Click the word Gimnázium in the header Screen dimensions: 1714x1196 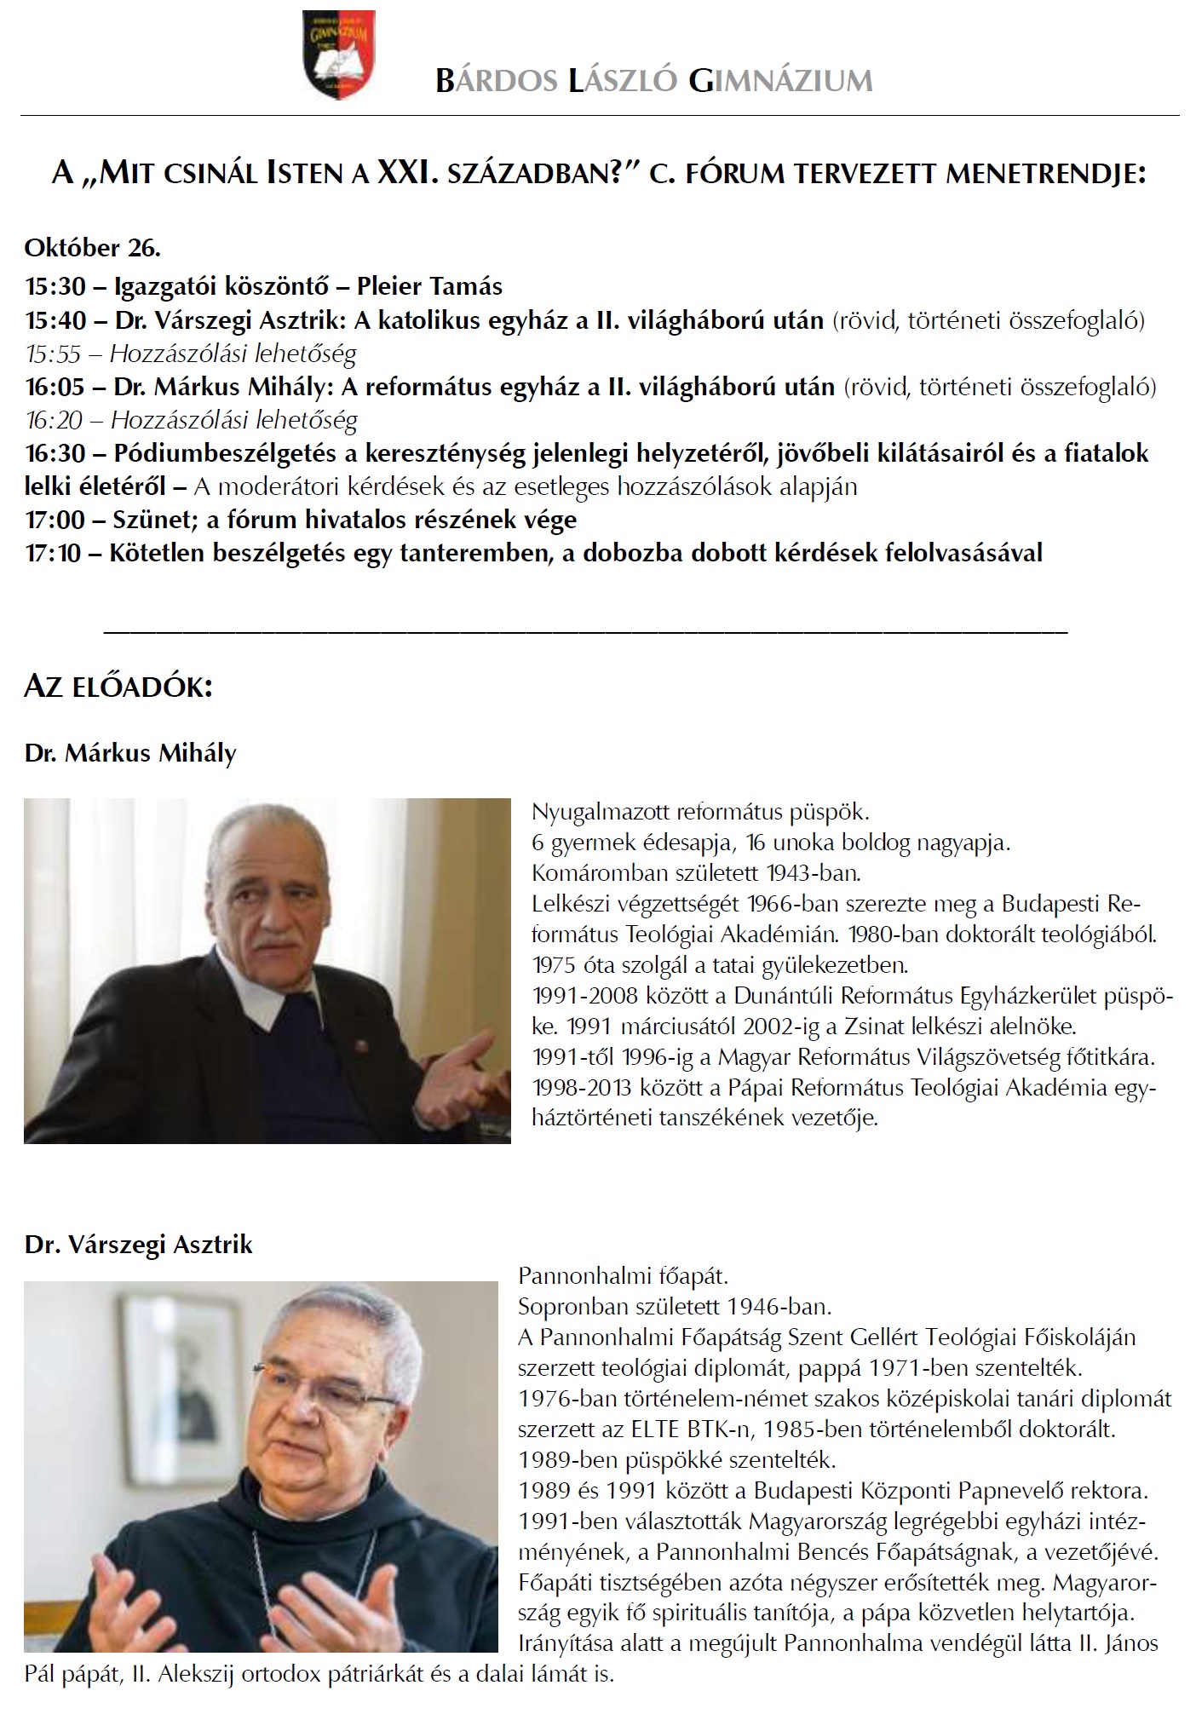(x=780, y=81)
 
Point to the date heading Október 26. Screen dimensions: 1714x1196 (x=92, y=248)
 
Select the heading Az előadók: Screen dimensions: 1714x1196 (x=118, y=687)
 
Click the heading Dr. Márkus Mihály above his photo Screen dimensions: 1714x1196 (x=130, y=754)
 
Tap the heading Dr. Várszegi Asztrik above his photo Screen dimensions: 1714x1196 (x=139, y=1245)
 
